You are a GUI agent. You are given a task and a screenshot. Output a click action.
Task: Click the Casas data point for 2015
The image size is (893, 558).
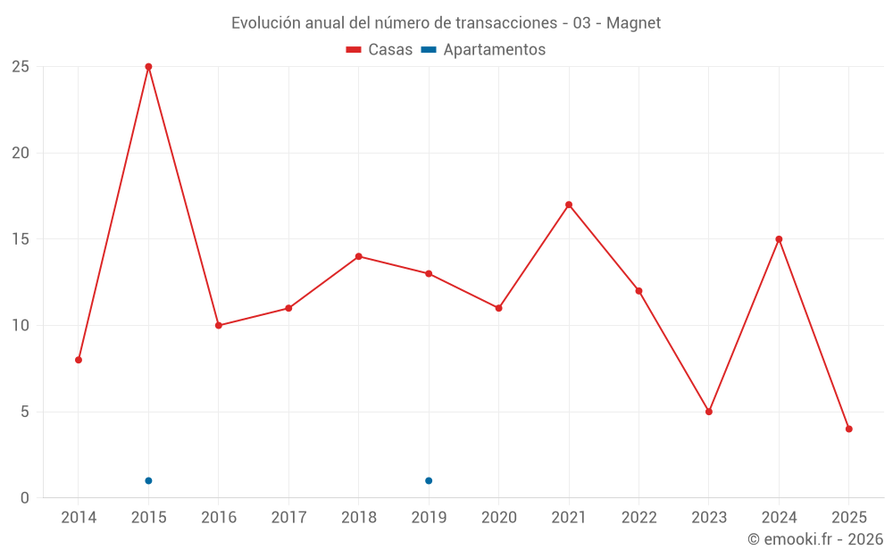tap(148, 67)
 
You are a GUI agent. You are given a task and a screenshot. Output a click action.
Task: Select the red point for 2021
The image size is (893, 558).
tap(569, 204)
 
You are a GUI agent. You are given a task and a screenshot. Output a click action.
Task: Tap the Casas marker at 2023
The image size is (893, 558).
tap(709, 412)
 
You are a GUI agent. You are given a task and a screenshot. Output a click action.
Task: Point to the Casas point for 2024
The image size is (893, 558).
tap(779, 239)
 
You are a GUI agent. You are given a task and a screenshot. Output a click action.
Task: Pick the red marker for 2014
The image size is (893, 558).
tap(79, 360)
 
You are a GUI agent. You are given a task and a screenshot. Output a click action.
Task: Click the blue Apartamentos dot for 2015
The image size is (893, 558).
tap(148, 481)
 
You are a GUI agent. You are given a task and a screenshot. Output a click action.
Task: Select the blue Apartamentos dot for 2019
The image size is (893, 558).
tap(429, 481)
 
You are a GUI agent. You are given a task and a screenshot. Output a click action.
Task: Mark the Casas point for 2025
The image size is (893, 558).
tap(849, 429)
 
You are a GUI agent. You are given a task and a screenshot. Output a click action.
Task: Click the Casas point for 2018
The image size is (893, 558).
tap(359, 256)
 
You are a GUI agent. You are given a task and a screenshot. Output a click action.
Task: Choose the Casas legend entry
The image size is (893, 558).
tap(380, 50)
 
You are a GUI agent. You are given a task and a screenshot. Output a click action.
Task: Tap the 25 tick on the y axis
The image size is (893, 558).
tap(21, 67)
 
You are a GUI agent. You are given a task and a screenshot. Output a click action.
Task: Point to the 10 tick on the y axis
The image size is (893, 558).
tap(21, 325)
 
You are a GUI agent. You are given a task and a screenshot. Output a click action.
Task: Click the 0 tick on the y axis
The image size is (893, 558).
tap(25, 498)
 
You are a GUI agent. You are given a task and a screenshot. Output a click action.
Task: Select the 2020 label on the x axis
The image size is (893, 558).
tap(498, 518)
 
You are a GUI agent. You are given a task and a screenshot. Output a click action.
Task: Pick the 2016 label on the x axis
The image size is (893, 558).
tap(219, 518)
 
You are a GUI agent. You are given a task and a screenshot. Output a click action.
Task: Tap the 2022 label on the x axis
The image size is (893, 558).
tap(638, 518)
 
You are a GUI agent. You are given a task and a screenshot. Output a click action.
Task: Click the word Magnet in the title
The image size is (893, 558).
tap(634, 23)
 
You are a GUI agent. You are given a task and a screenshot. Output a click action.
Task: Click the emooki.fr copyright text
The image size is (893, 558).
tap(815, 539)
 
